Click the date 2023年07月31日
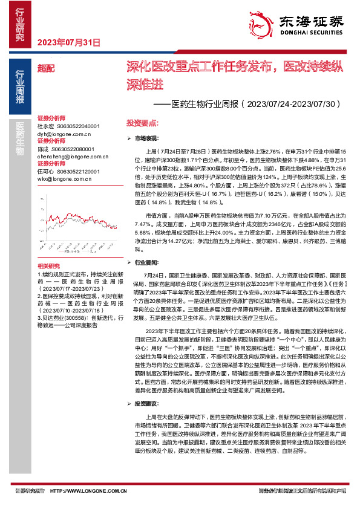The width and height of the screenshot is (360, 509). [68, 42]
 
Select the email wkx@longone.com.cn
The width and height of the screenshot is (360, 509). [62, 179]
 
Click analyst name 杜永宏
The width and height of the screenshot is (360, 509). [46, 125]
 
